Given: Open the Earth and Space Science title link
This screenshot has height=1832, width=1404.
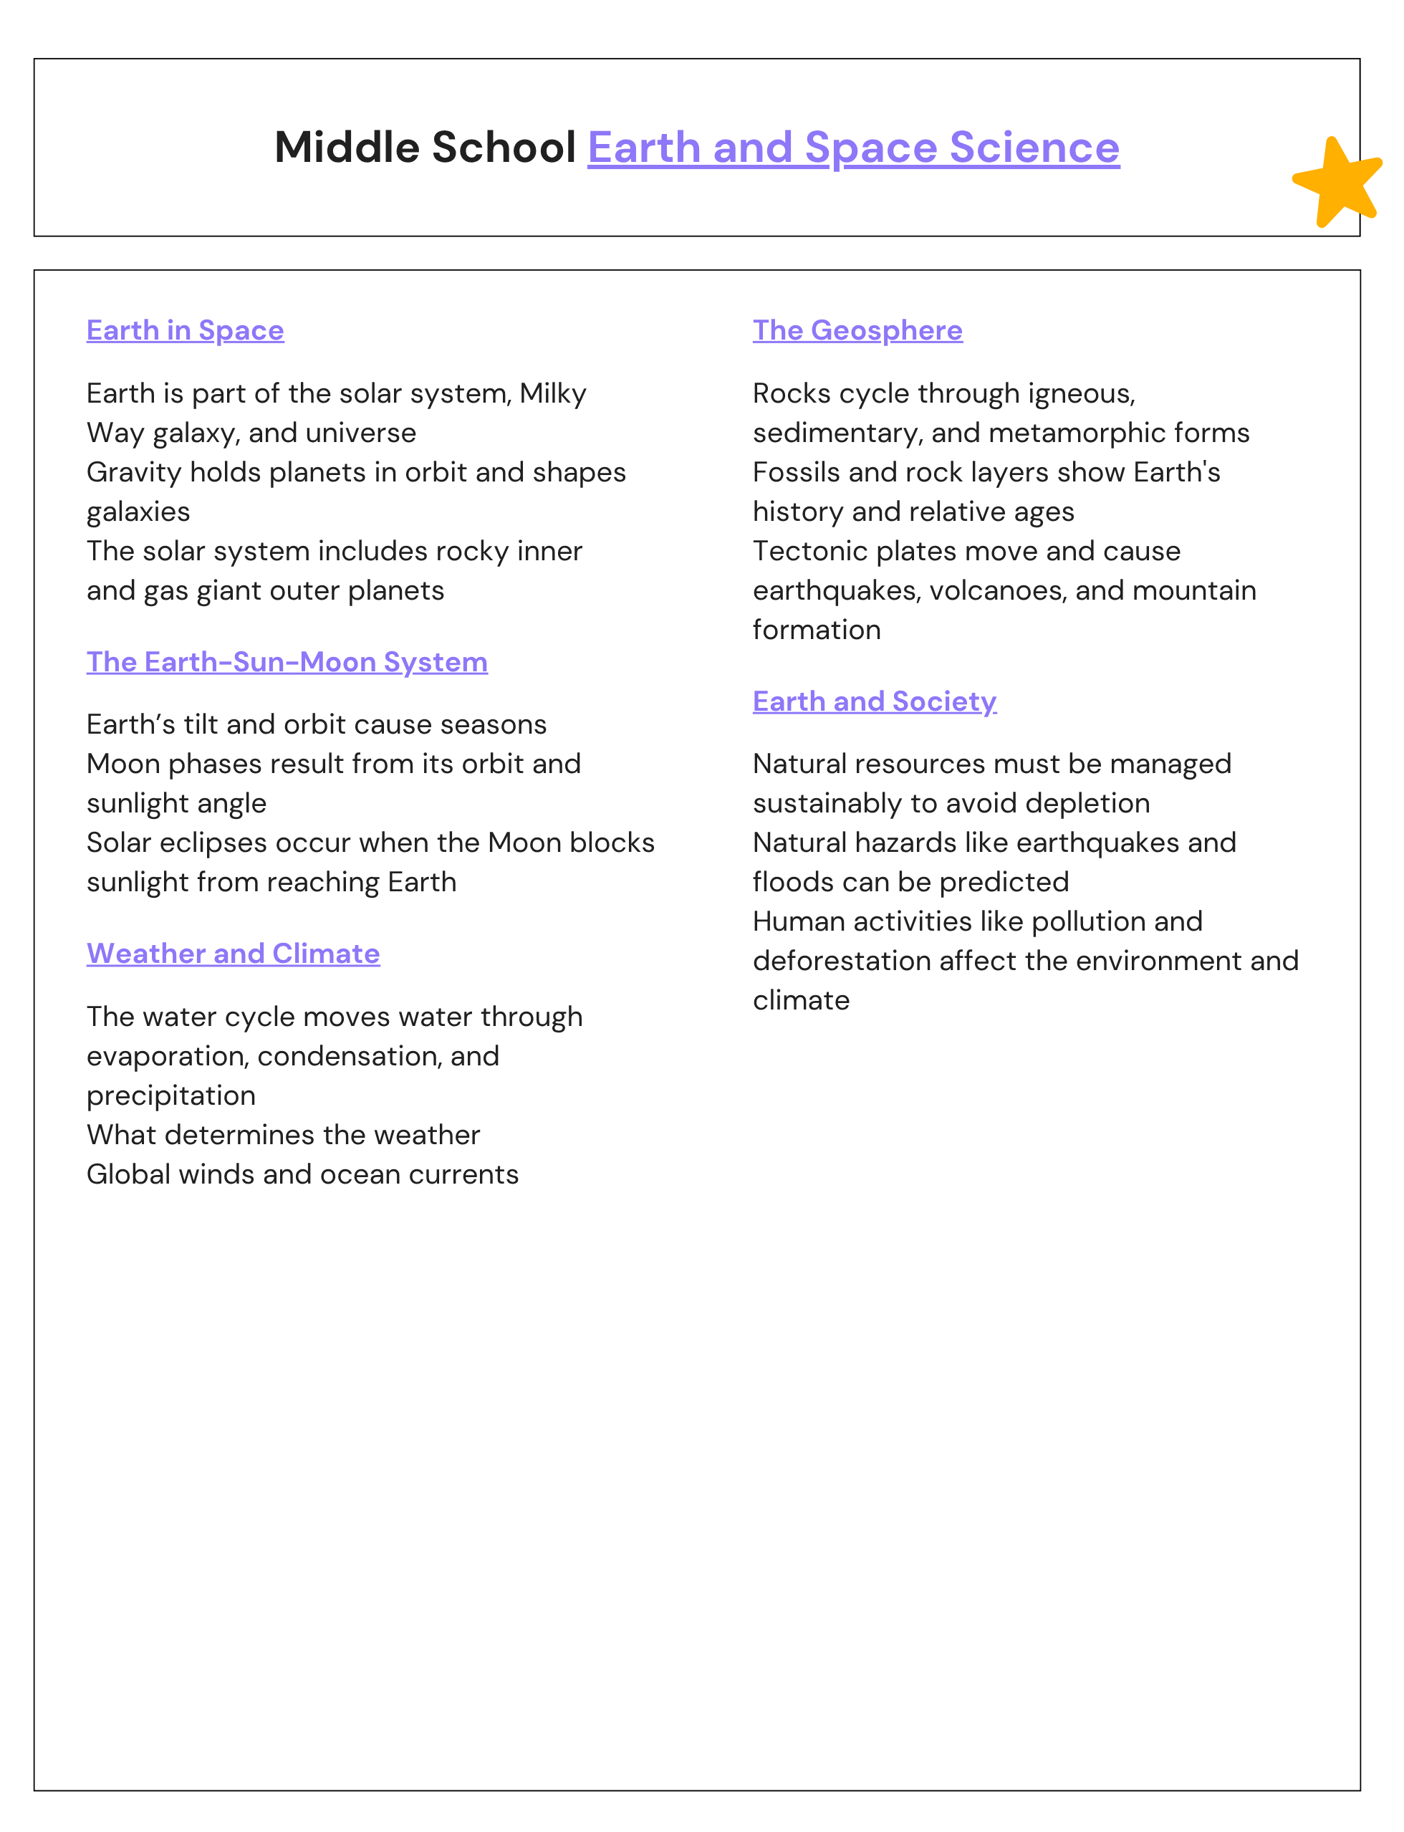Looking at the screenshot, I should pyautogui.click(x=852, y=148).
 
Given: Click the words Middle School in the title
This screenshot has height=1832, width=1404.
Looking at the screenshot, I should pyautogui.click(x=425, y=148).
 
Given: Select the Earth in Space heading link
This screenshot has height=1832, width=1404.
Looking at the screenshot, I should pyautogui.click(x=185, y=330).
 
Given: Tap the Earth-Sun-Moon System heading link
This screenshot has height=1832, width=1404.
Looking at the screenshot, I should pyautogui.click(x=287, y=662).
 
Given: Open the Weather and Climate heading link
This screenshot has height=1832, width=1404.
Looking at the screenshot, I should pyautogui.click(x=234, y=954).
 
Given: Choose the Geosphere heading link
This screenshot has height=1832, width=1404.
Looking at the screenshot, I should pyautogui.click(x=857, y=330).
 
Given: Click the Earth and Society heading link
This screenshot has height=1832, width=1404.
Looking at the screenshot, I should pyautogui.click(x=874, y=701).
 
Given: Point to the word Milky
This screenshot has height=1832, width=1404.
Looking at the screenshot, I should pyautogui.click(x=552, y=393).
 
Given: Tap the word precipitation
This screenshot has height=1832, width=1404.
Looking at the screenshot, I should pyautogui.click(x=171, y=1095).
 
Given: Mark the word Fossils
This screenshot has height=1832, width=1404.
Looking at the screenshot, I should pyautogui.click(x=796, y=472).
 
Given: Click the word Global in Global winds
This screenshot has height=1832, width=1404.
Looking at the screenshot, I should pyautogui.click(x=128, y=1174).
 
